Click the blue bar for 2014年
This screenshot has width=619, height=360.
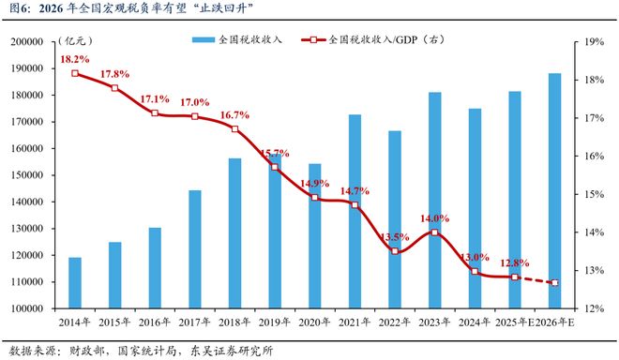click(74, 282)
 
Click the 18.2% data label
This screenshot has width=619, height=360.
click(74, 59)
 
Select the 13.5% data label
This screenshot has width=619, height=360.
click(394, 236)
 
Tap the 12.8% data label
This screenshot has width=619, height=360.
click(515, 262)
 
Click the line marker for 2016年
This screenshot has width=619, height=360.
click(155, 113)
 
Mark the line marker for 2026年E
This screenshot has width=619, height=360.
click(555, 282)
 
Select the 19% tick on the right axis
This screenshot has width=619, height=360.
click(592, 42)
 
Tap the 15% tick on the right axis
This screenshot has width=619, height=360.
click(592, 194)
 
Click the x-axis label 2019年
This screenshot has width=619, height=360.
click(275, 322)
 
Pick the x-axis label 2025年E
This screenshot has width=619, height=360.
click(515, 322)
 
